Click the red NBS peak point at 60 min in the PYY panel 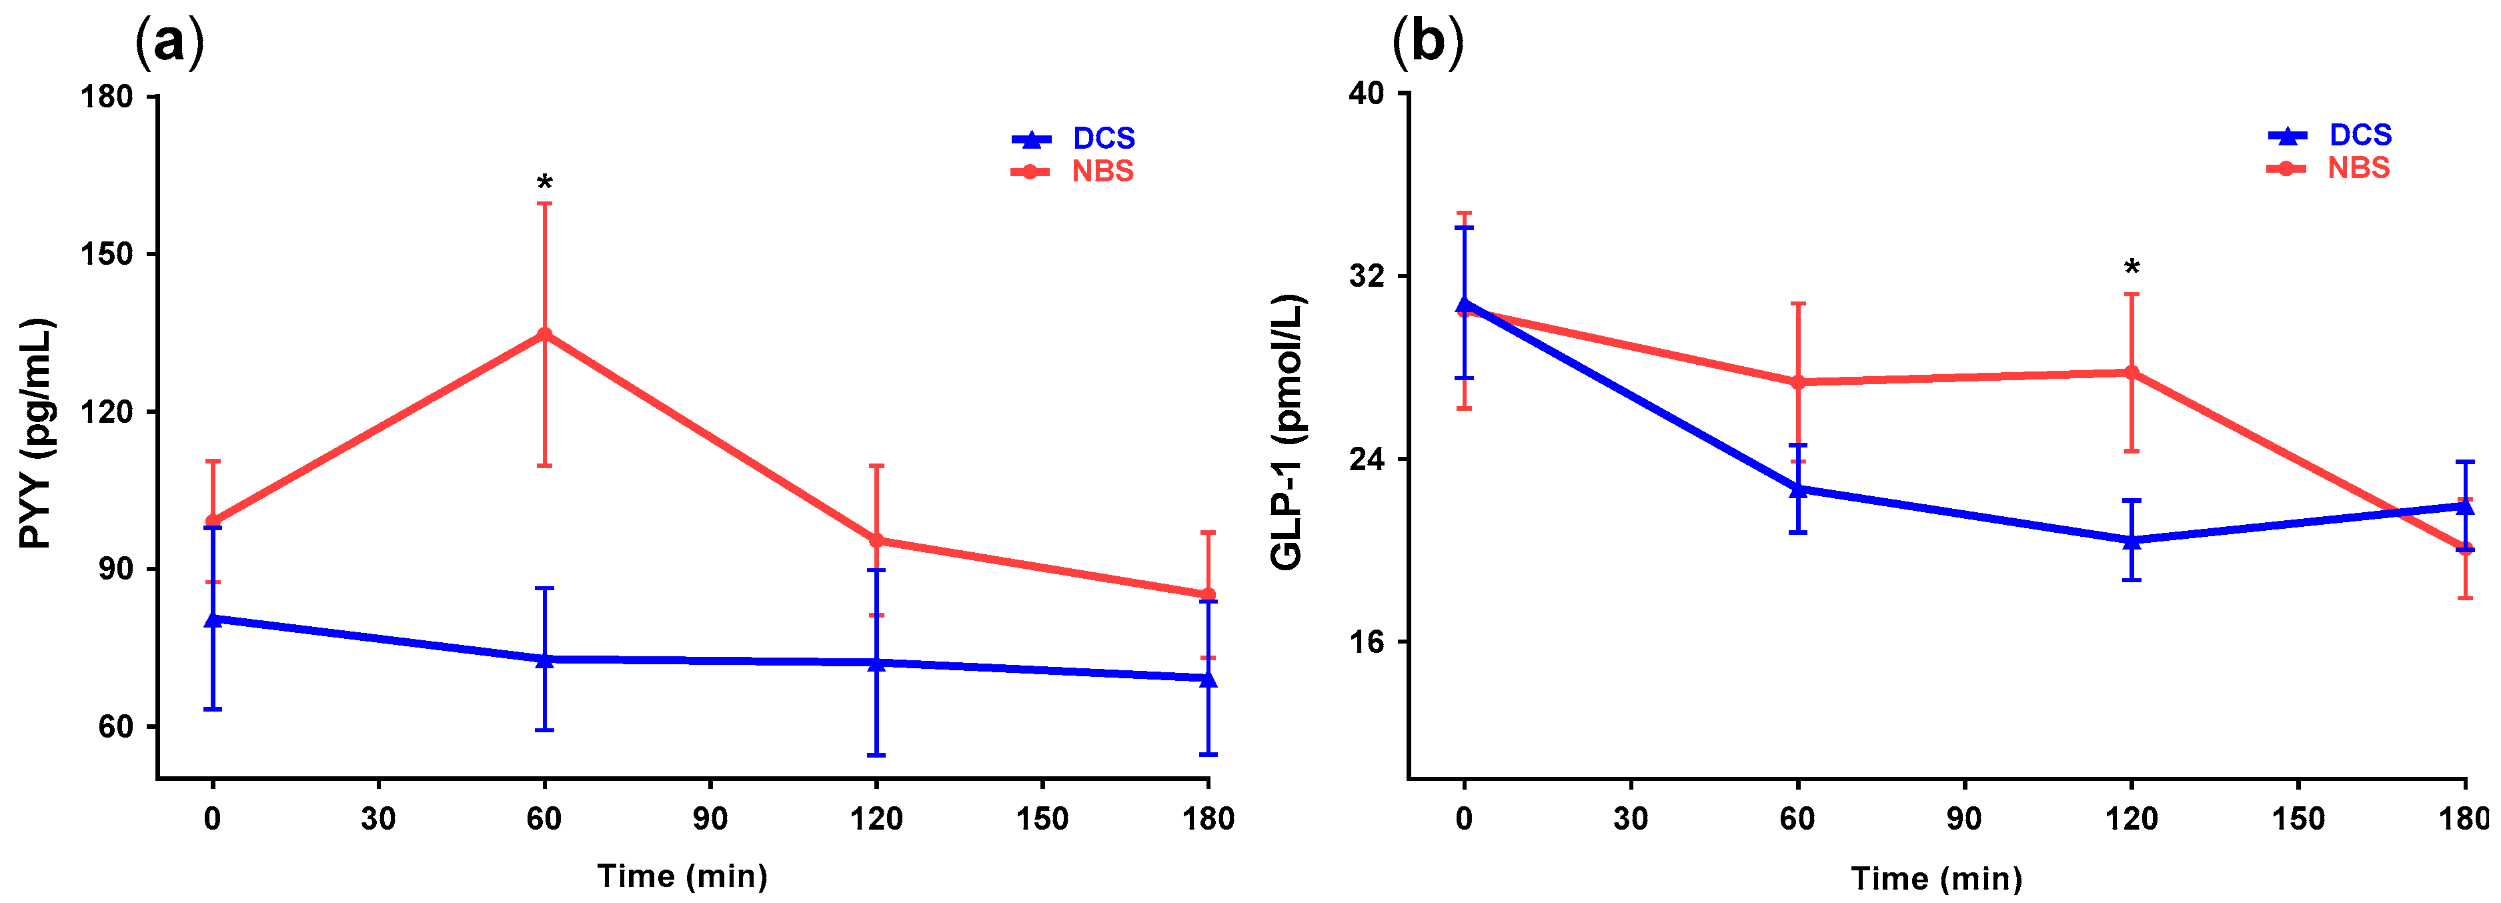pos(545,334)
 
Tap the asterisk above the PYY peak pos(545,183)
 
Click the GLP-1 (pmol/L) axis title pos(1287,432)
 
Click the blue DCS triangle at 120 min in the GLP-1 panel pos(2131,540)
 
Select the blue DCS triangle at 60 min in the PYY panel pos(545,660)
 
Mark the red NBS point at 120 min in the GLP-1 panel pos(2131,373)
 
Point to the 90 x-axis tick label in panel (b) pos(1963,818)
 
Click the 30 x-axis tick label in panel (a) pos(377,818)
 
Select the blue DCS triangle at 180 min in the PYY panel pos(1208,679)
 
